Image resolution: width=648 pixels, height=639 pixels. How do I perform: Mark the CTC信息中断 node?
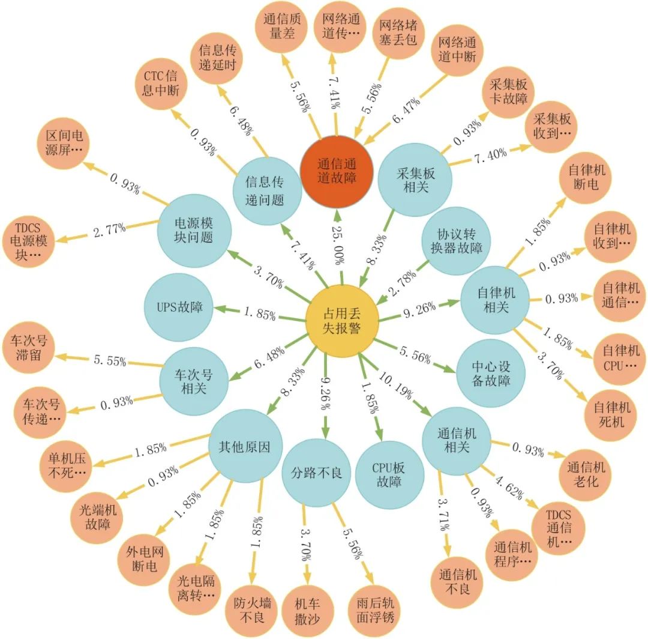pos(161,85)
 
